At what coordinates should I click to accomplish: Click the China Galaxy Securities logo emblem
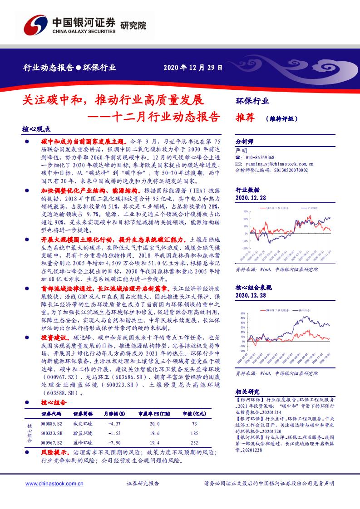tap(35, 24)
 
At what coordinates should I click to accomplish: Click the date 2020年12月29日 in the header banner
tap(193, 68)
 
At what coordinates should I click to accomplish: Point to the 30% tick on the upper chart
tap(245, 211)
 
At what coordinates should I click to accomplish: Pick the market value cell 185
tap(194, 433)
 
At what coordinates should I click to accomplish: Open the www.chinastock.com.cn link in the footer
tap(55, 484)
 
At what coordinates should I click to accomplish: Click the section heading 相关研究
tap(247, 392)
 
